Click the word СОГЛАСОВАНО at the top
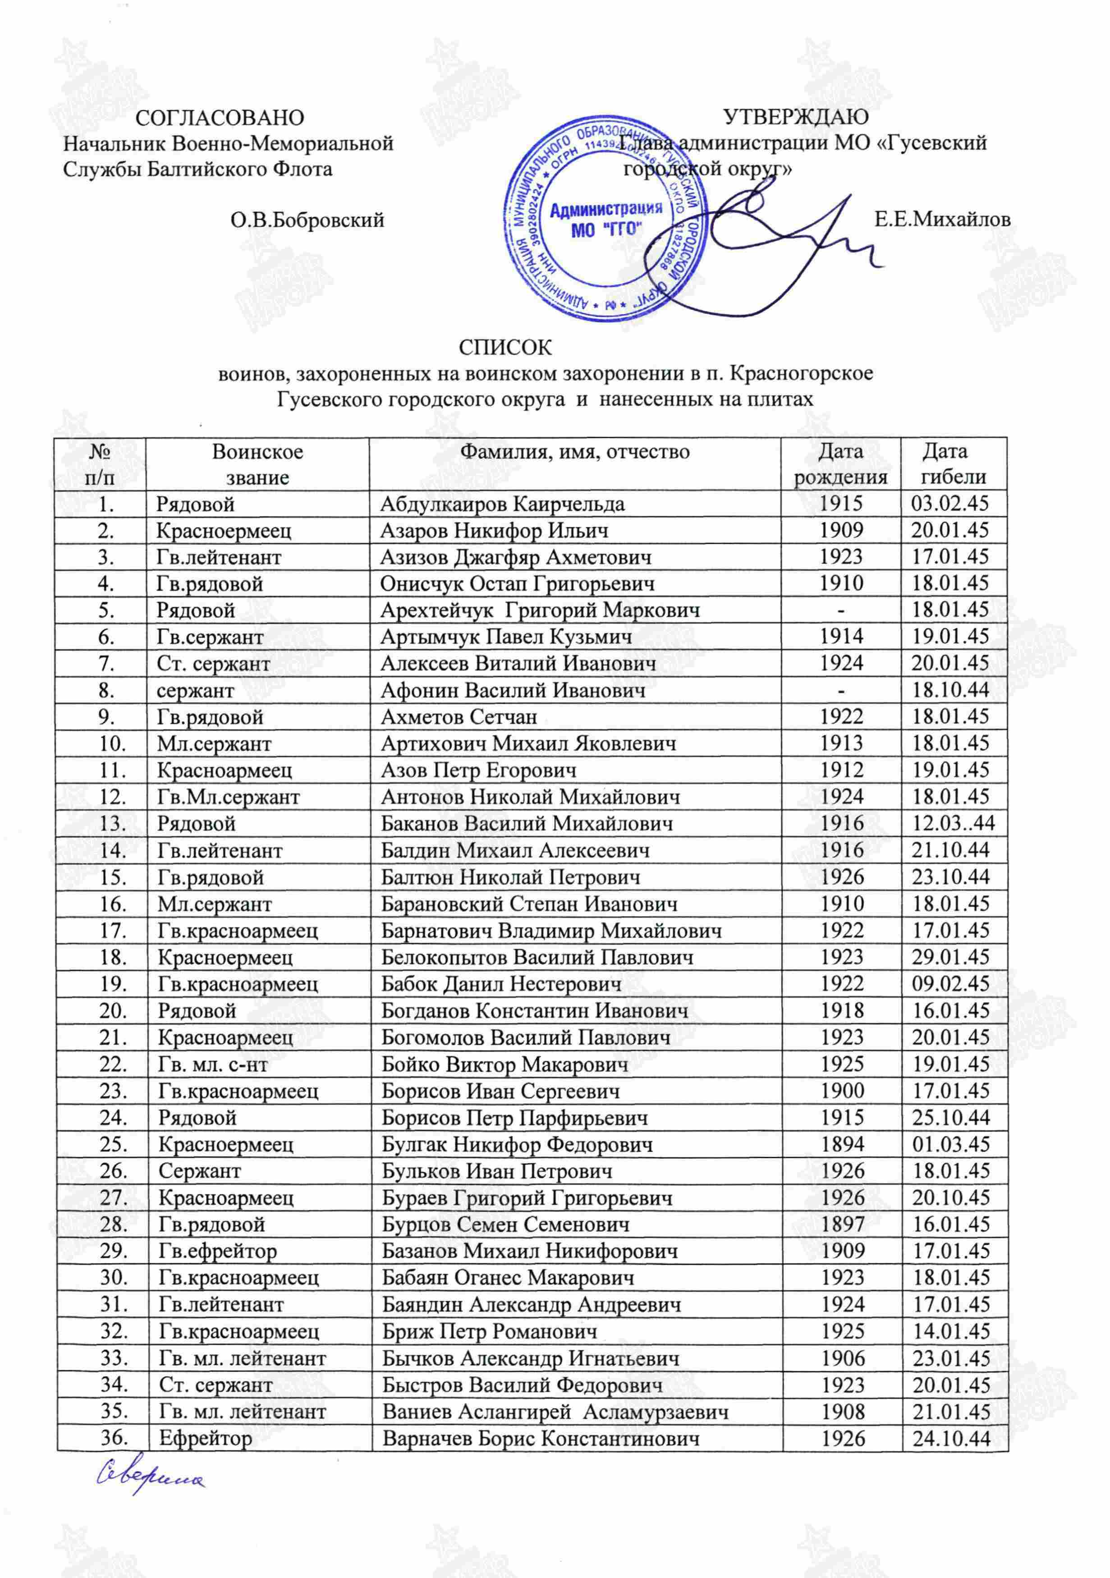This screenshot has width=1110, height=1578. [x=219, y=118]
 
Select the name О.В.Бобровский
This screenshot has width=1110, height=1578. [x=307, y=220]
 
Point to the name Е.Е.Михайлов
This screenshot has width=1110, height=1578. [x=942, y=220]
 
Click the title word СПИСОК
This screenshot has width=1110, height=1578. [x=505, y=347]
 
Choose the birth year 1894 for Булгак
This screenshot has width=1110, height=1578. [x=842, y=1144]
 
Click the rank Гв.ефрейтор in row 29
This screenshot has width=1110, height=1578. [x=217, y=1251]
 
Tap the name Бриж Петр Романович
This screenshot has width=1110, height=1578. [x=489, y=1331]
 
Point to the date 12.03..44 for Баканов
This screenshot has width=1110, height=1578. [x=953, y=823]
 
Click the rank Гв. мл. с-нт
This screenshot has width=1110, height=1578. [x=213, y=1064]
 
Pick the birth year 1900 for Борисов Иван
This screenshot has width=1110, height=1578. [x=842, y=1091]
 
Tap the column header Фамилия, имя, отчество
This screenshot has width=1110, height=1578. [x=574, y=452]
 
